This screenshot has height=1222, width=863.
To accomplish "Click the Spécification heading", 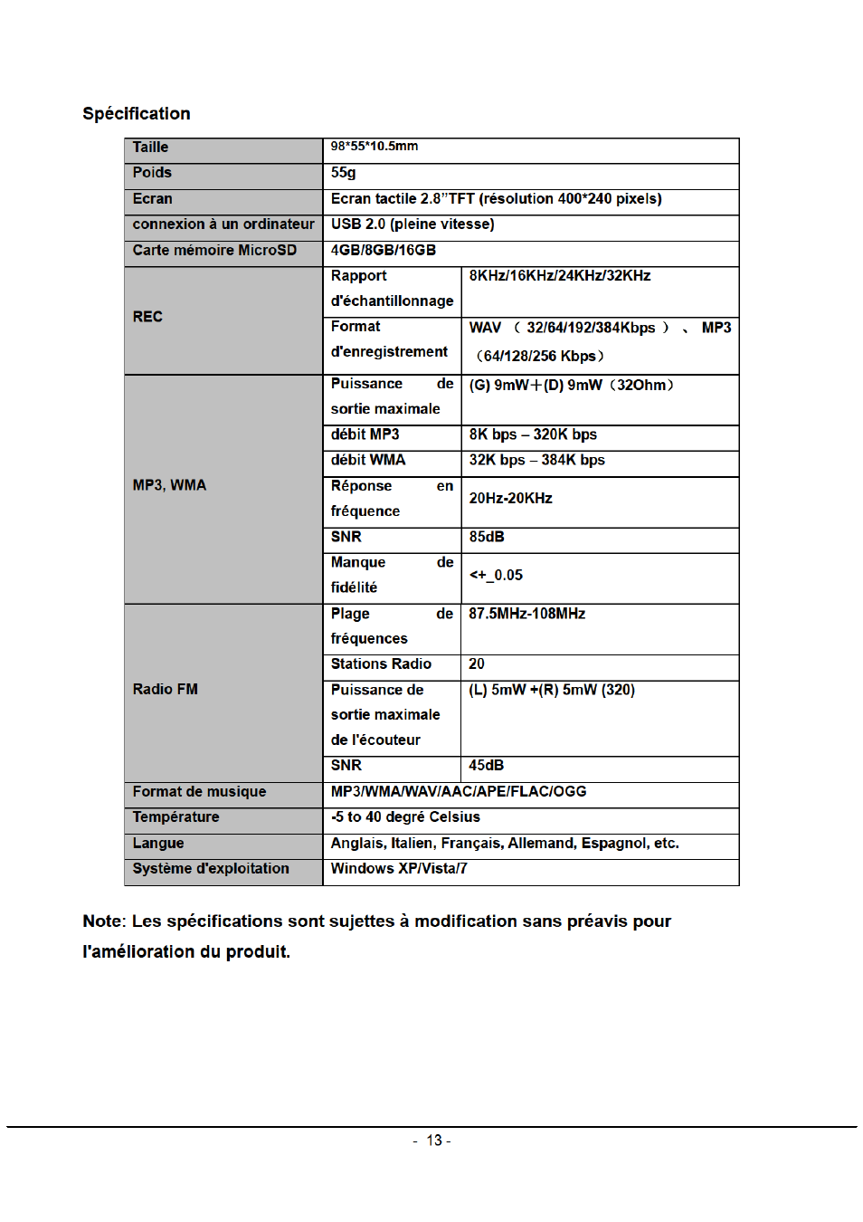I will pos(137,114).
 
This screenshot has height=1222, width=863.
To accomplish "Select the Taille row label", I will pos(150,148).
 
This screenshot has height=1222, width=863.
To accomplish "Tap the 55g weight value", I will pos(344,173).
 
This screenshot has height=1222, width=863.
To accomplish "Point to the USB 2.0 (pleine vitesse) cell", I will pos(413,224).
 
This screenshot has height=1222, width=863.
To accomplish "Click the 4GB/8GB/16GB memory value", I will pos(384,251).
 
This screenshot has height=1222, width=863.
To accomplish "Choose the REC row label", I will pos(147,317).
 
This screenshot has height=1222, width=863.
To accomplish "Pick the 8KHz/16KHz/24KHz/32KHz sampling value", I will pos(560,276).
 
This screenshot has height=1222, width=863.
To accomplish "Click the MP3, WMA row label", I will pos(169,485).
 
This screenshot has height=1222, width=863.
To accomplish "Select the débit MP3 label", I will pos(365,434).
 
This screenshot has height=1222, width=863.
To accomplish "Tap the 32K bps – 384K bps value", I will pos(536,460).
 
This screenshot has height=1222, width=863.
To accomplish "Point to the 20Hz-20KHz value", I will pos(510,499).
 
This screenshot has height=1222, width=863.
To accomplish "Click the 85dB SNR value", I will pos(487,537).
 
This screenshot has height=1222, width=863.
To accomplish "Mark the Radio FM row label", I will pos(165,690).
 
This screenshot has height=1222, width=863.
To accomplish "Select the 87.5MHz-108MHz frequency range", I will pos(526,614).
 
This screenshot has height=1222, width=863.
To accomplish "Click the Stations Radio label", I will pos(381,664).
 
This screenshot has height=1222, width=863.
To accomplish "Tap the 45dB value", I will pos(486,766).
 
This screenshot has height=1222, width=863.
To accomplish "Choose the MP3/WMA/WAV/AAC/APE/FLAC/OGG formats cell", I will pos(459,792).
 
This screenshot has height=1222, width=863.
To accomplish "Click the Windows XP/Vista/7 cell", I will pos(399,869).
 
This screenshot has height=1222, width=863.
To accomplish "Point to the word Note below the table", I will pos(102,921).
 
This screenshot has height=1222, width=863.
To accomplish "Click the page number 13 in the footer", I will pos(434,1141).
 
